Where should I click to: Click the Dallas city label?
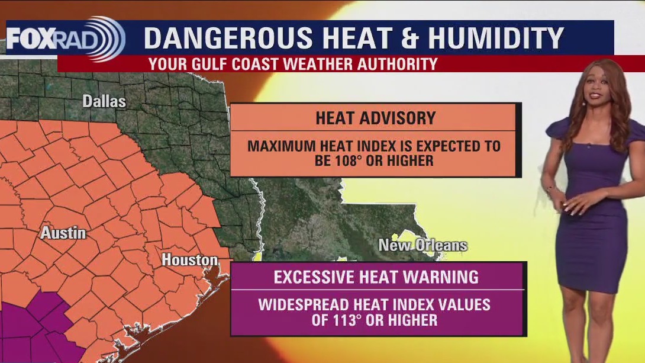pos(104,101)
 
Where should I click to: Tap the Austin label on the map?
pos(63,233)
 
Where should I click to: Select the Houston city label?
pos(189,259)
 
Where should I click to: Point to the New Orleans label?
pos(423,245)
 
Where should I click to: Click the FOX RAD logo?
pos(65,38)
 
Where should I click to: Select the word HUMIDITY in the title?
pos(496,38)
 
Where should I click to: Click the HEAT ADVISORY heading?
pos(375,118)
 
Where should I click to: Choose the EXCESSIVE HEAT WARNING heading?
pos(376,277)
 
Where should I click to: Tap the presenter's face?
pos(593,89)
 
